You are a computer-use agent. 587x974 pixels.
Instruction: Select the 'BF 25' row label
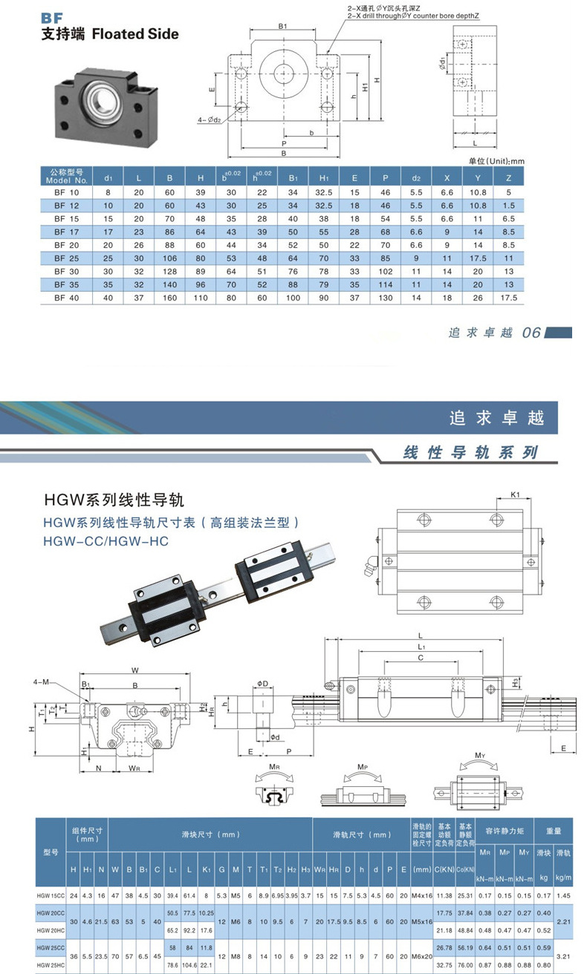66,258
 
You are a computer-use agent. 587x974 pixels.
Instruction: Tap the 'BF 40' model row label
66,298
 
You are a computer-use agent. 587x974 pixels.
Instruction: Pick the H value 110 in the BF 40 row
201,298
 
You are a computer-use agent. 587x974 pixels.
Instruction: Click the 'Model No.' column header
66,177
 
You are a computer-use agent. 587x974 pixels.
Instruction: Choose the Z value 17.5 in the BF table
508,298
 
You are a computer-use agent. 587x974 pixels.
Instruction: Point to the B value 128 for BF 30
169,272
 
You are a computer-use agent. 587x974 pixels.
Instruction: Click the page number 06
531,333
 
